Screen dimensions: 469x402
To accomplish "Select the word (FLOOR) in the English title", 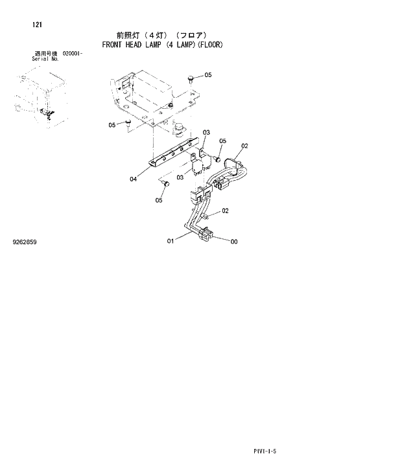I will click(210, 45).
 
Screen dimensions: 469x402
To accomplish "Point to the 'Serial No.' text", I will click(45, 59).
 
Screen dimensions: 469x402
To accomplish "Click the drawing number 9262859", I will click(25, 242).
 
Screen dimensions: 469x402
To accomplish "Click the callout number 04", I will click(133, 179).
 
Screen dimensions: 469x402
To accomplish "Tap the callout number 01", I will click(171, 242).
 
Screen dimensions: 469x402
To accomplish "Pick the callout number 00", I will click(234, 242).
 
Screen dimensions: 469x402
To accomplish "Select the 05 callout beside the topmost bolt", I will click(207, 75).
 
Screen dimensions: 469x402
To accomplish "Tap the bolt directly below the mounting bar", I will click(166, 185).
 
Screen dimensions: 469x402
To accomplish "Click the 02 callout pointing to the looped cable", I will click(244, 146).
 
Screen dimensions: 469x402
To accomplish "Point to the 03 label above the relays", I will click(206, 132).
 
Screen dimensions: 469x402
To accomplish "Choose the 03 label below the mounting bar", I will click(180, 175).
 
